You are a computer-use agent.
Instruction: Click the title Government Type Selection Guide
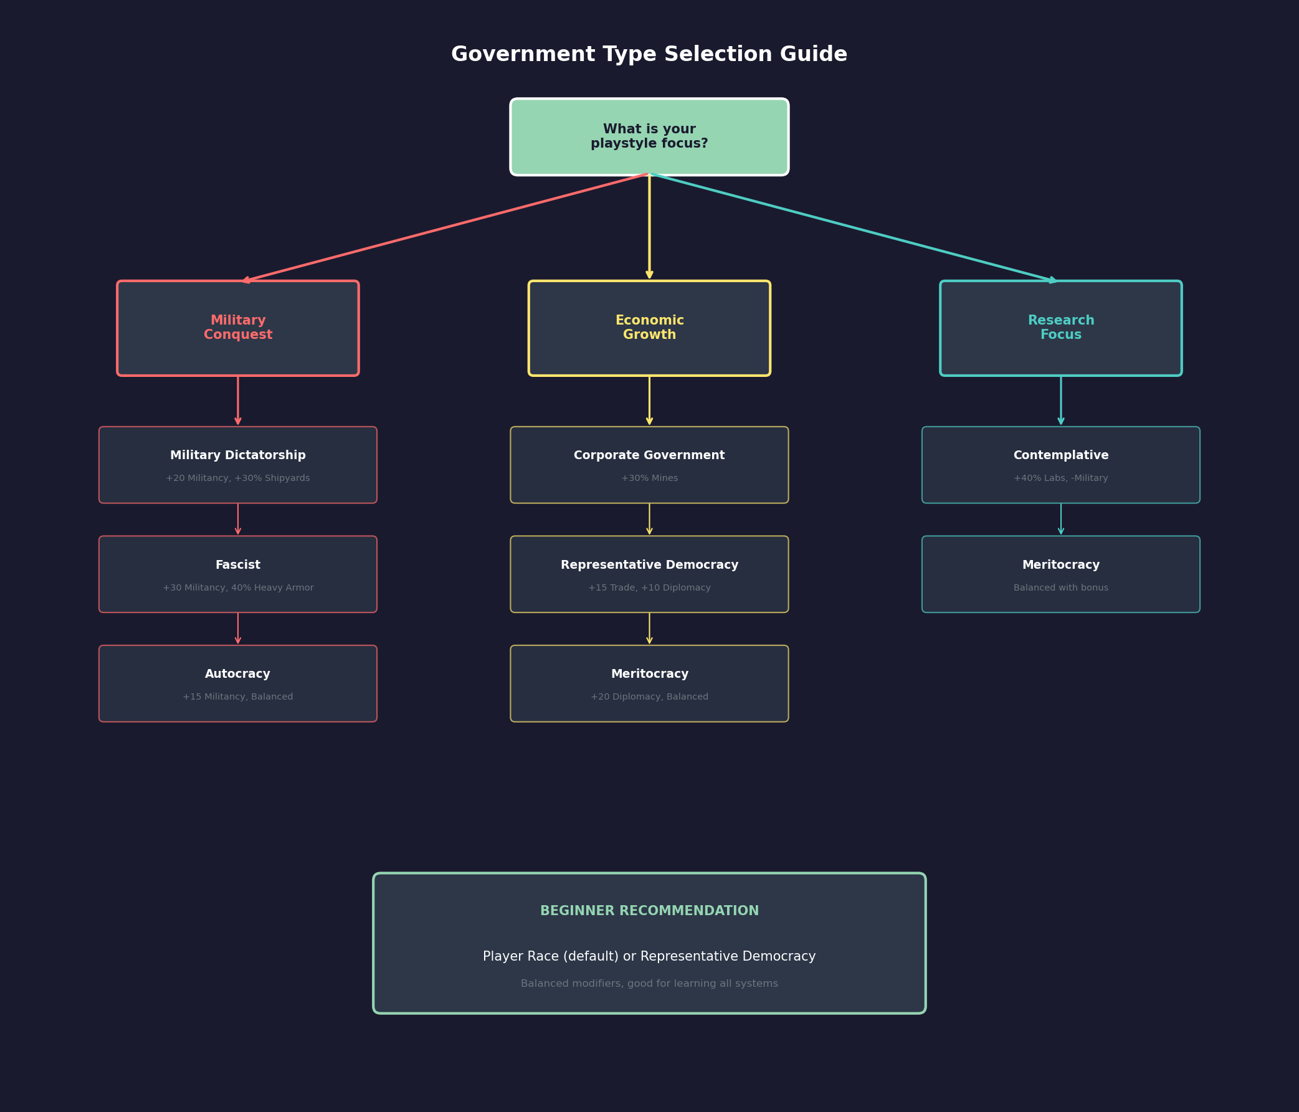[649, 55]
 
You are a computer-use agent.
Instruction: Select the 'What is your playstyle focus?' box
[649, 136]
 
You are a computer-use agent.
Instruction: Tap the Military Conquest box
[237, 328]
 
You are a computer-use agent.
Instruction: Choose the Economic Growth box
[649, 328]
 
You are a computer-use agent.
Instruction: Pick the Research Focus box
[1060, 328]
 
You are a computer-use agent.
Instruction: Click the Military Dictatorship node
[237, 465]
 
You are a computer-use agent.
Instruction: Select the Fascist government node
[237, 574]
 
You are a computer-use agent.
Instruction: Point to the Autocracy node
[237, 683]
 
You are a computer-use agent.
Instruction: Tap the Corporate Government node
[649, 465]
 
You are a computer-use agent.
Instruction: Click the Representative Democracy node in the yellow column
[649, 574]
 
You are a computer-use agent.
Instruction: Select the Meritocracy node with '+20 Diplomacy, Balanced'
[649, 683]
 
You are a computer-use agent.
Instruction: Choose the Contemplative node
[1060, 465]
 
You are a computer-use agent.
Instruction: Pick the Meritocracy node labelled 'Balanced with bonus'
[1060, 574]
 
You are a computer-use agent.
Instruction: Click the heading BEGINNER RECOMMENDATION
[649, 911]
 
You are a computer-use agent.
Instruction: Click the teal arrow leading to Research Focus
[854, 227]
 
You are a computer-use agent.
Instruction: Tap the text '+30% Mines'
[649, 478]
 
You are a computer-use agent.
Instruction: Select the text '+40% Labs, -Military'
[1060, 478]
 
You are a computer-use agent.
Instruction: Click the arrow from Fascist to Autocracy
[237, 628]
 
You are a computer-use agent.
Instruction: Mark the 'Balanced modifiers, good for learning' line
[649, 984]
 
